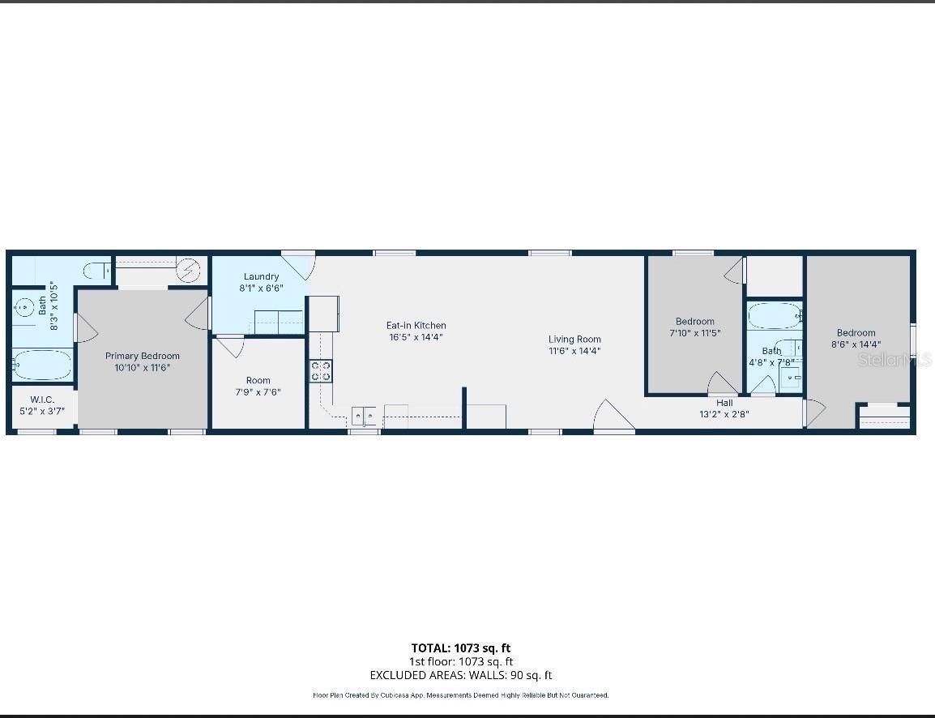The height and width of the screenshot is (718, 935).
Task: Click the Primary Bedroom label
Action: (143, 356)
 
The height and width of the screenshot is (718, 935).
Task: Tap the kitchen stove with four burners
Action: (321, 371)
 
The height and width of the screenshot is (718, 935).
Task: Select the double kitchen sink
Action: (364, 417)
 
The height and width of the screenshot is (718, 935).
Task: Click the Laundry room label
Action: (261, 276)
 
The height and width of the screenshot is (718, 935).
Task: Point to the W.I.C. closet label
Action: (42, 400)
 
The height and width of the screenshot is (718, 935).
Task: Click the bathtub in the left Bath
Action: (42, 365)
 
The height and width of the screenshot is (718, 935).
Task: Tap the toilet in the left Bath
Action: (97, 269)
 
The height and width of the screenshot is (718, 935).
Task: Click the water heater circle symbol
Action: (189, 270)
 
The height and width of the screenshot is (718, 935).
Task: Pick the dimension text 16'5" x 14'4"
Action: (416, 337)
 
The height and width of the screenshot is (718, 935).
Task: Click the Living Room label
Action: (574, 340)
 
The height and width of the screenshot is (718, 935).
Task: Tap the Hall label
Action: (724, 403)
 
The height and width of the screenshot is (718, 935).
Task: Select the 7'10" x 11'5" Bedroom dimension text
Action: (694, 333)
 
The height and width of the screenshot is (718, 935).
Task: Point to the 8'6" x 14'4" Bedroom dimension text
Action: (856, 344)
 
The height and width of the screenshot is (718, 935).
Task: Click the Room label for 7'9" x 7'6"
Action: (258, 380)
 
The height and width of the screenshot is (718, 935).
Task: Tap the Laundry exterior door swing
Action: (298, 266)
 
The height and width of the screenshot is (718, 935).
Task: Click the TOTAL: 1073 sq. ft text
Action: (460, 647)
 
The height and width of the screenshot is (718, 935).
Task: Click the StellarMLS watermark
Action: (894, 359)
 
